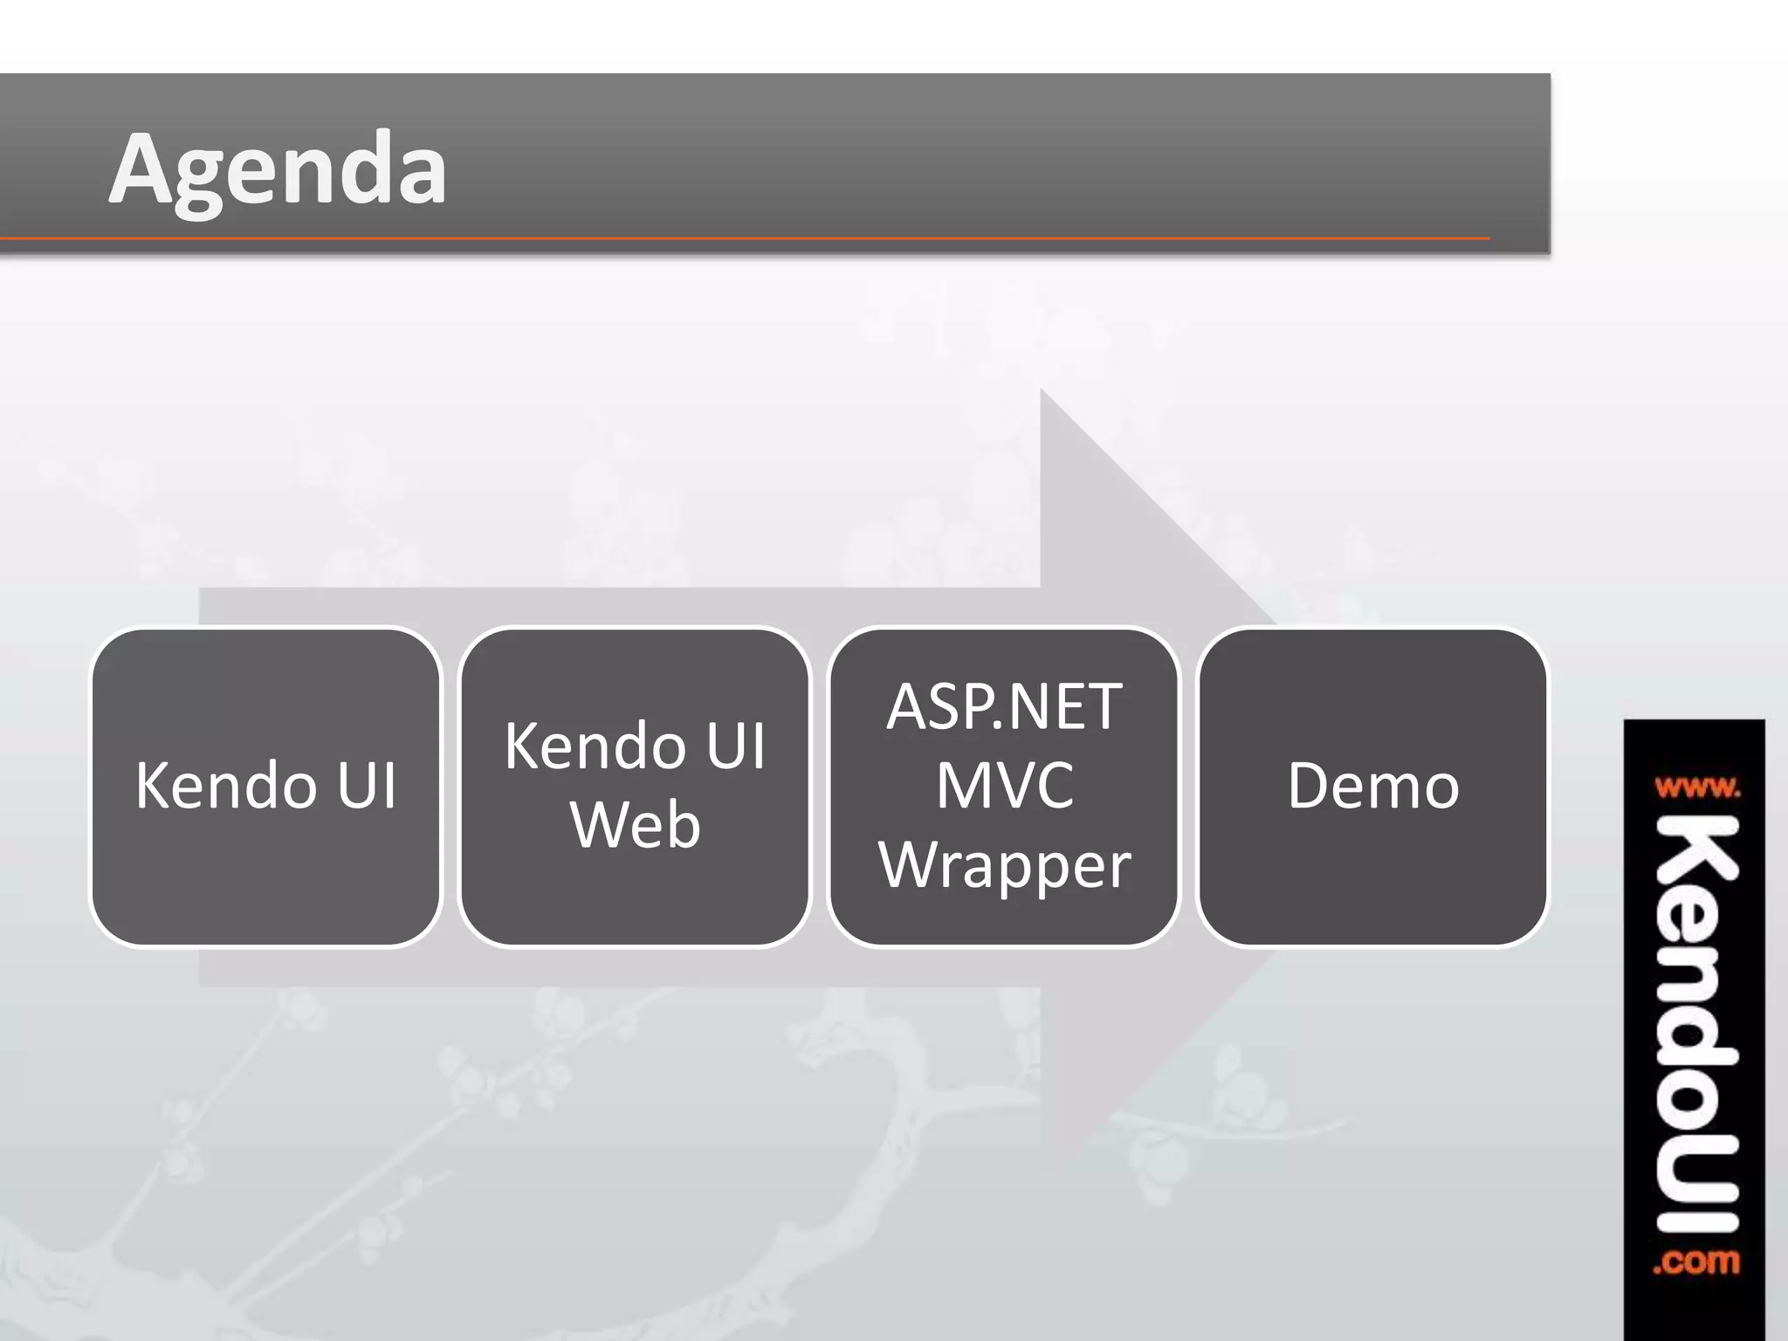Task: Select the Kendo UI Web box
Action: [x=635, y=899]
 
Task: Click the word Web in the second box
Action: [x=636, y=825]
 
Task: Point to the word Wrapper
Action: [x=1004, y=864]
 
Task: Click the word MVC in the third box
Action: [x=1004, y=785]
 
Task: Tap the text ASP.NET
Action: [x=1004, y=706]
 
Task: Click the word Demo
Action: [x=1372, y=786]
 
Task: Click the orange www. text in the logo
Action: [x=1696, y=788]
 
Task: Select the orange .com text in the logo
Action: [x=1695, y=1262]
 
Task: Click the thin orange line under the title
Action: [x=742, y=237]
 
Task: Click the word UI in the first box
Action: [x=367, y=786]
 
